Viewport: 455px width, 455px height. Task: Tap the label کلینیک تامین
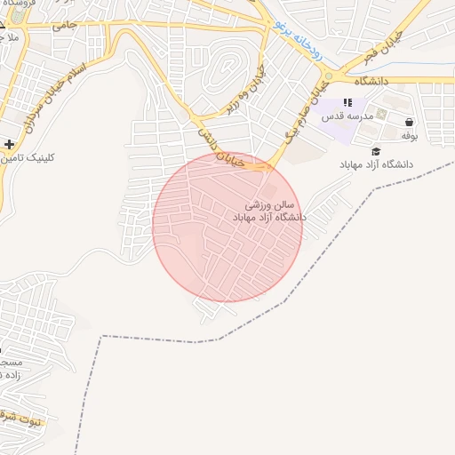29,158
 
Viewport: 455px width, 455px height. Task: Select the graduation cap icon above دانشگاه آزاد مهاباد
376,152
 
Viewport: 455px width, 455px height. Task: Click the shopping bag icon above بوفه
409,123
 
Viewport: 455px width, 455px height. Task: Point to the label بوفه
409,136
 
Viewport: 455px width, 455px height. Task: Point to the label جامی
64,27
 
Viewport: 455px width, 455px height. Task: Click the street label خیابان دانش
223,150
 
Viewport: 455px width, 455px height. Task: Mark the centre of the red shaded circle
227,227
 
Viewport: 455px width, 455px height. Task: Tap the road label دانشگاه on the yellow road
373,81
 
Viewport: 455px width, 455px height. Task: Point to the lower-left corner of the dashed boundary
103,337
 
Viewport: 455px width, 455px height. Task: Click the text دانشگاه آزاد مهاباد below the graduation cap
376,165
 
